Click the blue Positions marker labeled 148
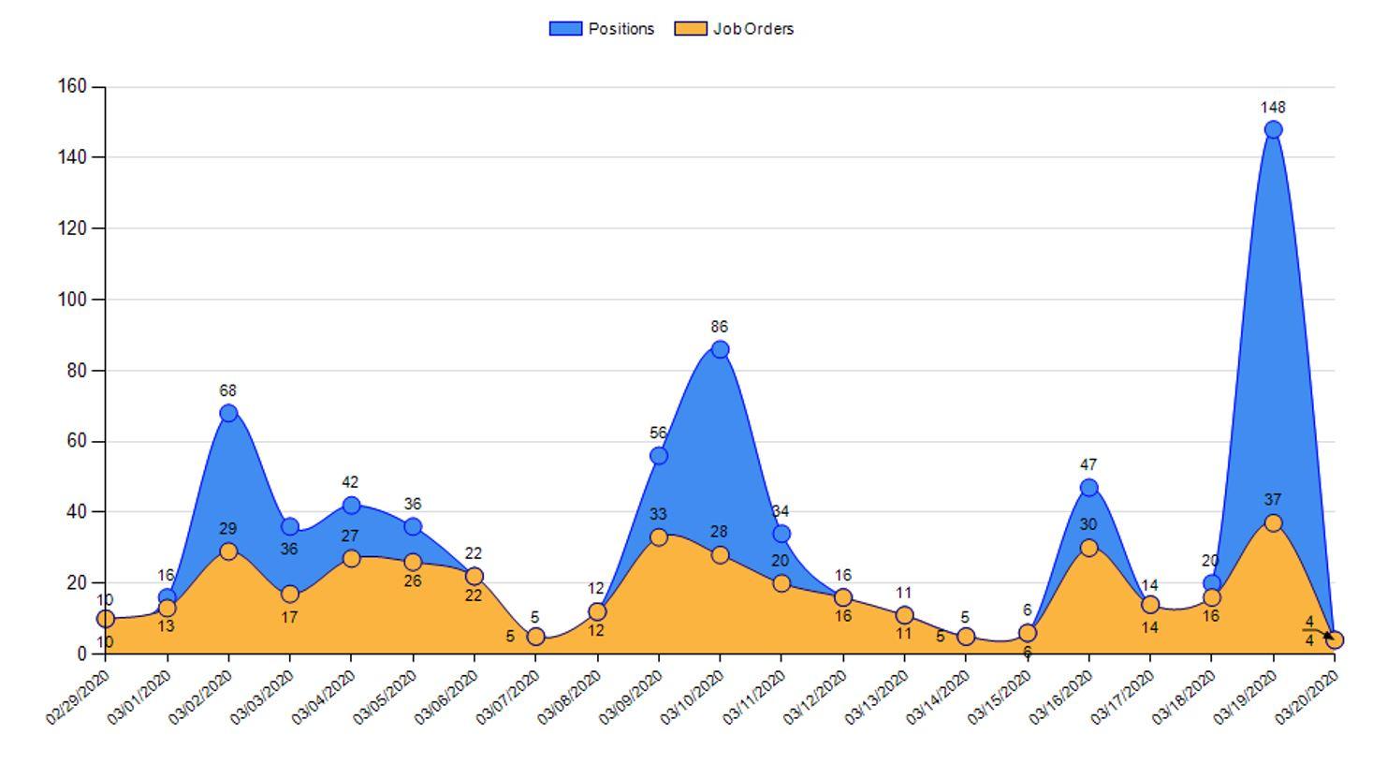coord(1273,129)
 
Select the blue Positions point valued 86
coord(720,349)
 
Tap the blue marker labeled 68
coord(228,413)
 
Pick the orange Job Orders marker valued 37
coord(1273,522)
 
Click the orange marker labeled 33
coord(659,537)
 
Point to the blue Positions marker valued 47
coord(1088,488)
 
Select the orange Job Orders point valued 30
coord(1088,548)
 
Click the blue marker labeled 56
coord(659,456)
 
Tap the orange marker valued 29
coord(228,551)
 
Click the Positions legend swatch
coord(565,29)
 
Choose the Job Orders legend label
coord(753,29)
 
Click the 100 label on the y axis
coord(72,300)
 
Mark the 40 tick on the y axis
coord(76,512)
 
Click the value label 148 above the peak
coord(1273,108)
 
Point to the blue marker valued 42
coord(351,506)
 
